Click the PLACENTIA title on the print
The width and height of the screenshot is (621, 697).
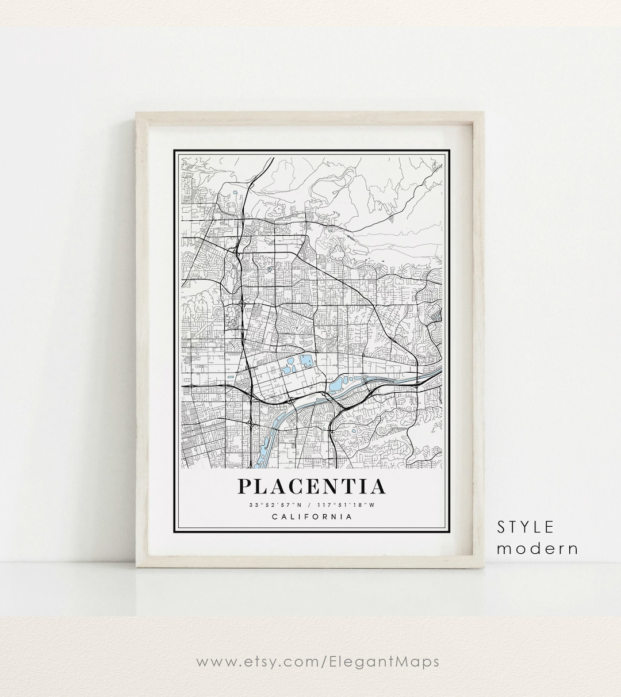pos(311,487)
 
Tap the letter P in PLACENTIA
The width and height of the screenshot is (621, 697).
pos(245,487)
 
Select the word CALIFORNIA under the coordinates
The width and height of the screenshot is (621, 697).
pos(311,516)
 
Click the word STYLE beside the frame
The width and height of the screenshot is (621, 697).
pos(526,527)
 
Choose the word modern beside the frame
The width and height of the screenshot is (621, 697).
pos(538,548)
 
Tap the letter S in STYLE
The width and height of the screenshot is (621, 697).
pos(501,527)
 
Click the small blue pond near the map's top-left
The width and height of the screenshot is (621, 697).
pos(235,193)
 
